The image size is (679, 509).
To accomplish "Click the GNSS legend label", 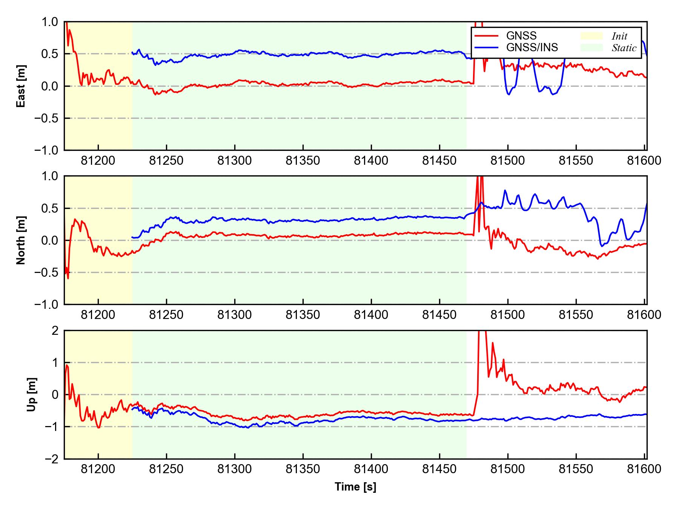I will [521, 36].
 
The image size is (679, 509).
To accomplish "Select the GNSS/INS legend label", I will [532, 48].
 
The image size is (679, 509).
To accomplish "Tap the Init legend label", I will [619, 36].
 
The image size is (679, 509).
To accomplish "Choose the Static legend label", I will [624, 48].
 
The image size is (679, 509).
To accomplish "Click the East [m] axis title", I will [22, 86].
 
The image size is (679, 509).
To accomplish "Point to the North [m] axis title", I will [22, 240].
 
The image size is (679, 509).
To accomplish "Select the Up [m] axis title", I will [32, 394].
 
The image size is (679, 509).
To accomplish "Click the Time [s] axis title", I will [355, 487].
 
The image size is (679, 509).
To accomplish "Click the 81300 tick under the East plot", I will [235, 161].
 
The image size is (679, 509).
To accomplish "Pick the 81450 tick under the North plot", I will [439, 315].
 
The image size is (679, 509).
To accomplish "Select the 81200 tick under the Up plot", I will [98, 469].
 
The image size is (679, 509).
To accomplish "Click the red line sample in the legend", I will [486, 36].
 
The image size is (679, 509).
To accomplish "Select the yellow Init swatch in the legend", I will [591, 36].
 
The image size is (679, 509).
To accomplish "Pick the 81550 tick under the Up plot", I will [576, 469].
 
